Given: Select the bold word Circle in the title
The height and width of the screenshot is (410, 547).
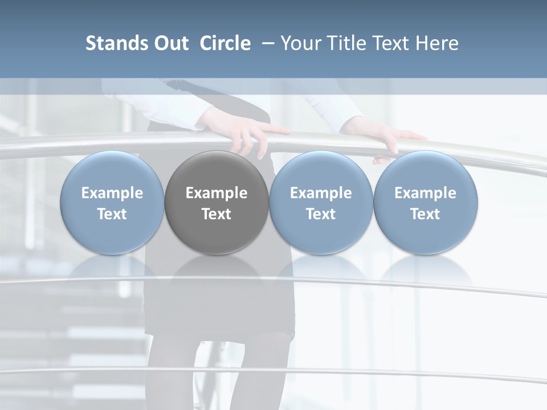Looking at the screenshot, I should [x=225, y=43].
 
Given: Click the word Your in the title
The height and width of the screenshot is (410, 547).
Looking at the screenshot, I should [x=300, y=43].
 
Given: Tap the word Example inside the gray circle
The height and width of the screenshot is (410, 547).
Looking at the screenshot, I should [x=217, y=193].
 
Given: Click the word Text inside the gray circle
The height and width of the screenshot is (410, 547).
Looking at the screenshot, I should [x=217, y=214].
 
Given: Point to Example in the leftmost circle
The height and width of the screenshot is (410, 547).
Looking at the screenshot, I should [x=112, y=193].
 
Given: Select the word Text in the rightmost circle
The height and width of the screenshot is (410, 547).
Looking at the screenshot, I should [x=425, y=214].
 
